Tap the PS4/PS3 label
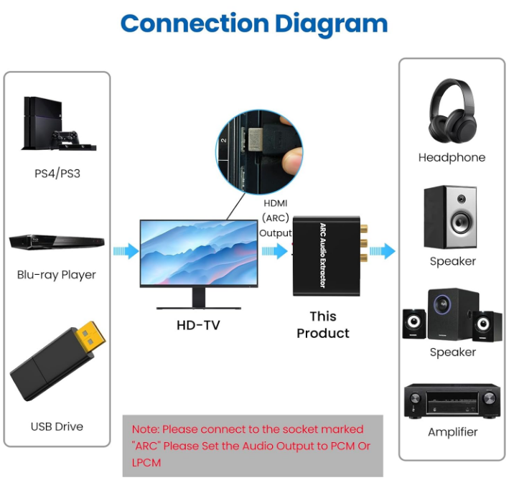coord(57,173)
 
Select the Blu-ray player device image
coord(57,242)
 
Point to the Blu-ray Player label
coord(57,275)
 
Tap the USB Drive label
coord(57,426)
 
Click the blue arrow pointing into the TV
coord(126,251)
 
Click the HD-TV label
coord(198,325)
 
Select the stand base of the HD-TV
coord(197,306)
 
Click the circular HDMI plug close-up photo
coord(259,151)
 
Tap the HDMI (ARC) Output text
coord(275,218)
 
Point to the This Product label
coord(323,324)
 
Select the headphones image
coord(452,111)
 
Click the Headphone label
coord(452,157)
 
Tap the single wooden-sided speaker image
coord(450,216)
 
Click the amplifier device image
coord(452,400)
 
